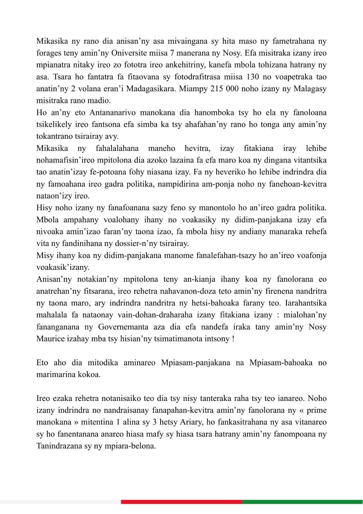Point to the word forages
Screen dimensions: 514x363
(x=49, y=53)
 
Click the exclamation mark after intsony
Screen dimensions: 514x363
(x=233, y=339)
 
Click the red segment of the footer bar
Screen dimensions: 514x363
(x=181, y=502)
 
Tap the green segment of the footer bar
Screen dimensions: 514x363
(x=302, y=502)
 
